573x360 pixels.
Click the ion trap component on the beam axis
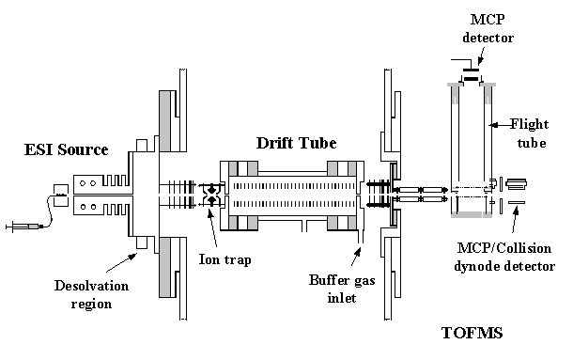coord(209,196)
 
